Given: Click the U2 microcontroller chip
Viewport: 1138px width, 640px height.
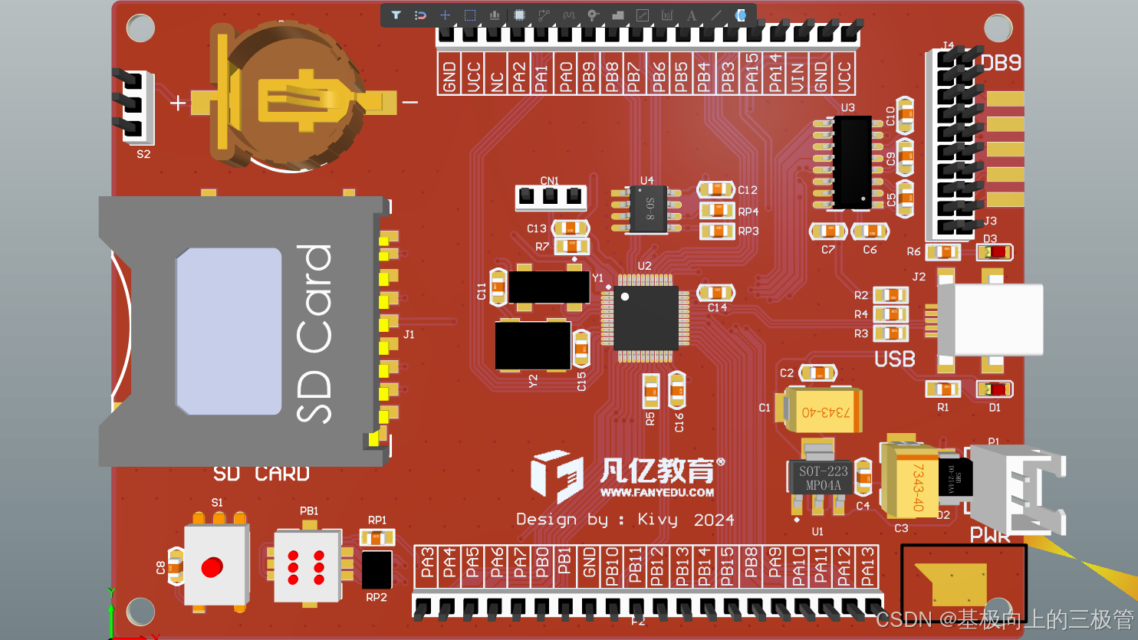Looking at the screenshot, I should coord(646,317).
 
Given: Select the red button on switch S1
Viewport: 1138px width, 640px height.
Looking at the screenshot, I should coord(212,567).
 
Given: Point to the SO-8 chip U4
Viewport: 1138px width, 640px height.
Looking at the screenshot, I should coord(647,209).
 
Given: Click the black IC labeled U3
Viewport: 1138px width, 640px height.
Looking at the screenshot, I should coord(851,162).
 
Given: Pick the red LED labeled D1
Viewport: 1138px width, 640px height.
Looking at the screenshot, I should coord(995,389).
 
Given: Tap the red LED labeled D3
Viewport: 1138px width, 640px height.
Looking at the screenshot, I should coord(995,252).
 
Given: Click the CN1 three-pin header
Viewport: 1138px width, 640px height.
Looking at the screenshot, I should coord(550,197).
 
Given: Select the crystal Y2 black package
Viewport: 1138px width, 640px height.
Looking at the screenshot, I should coord(532,345).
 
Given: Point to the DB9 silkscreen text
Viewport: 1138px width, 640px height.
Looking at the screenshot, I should coord(1001,64).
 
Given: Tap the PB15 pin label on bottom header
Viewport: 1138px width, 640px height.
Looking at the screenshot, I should coord(728,567).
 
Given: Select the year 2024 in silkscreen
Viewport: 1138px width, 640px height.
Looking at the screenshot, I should coord(714,520).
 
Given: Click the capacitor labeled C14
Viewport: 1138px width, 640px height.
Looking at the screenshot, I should coord(715,292).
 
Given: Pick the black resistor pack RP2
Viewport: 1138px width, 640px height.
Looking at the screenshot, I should coord(376,570).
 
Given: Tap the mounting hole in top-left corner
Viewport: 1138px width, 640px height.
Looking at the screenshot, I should coord(140,28).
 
